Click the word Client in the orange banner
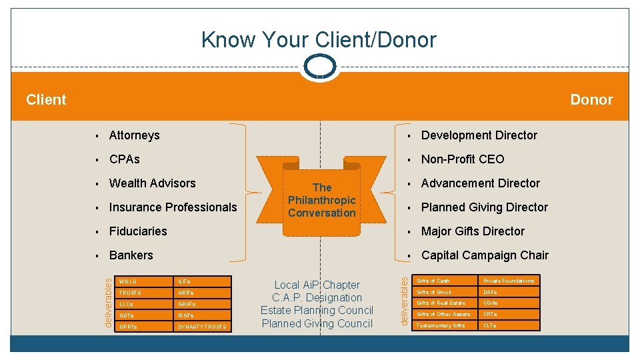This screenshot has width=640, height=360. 46,100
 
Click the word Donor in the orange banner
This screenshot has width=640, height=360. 591,100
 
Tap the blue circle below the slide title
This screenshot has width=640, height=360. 320,66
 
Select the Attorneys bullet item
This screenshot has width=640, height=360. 134,135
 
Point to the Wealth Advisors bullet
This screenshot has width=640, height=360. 152,183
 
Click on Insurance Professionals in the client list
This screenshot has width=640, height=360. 173,207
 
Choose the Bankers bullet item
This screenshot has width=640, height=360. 131,255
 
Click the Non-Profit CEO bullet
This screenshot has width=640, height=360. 463,159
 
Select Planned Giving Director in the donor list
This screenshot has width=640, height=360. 484,207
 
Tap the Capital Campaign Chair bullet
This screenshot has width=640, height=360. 485,255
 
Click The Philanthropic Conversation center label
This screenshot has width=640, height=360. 322,200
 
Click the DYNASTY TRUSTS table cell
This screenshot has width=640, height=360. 203,327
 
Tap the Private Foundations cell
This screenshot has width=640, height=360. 509,281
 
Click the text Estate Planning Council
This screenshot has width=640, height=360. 317,311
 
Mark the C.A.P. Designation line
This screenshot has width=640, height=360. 317,298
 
